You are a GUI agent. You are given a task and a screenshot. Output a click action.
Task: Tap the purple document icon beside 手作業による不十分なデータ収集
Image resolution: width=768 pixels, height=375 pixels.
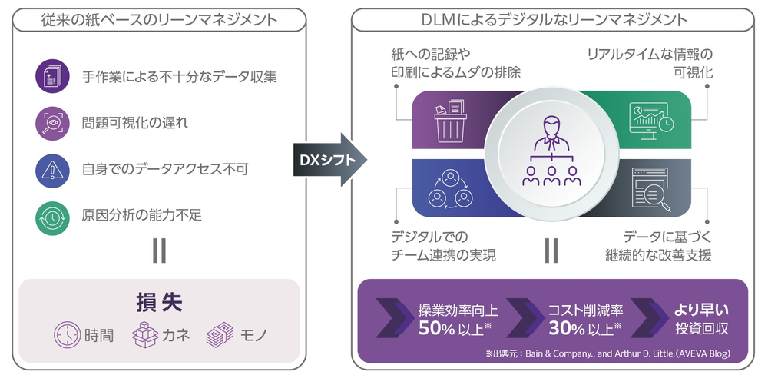52,76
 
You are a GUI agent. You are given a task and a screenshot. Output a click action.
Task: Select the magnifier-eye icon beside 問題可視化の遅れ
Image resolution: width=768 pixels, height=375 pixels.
52,123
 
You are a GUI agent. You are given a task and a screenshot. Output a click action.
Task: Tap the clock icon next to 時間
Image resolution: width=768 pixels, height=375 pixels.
67,334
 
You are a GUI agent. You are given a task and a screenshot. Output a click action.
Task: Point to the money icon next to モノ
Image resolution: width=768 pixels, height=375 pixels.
220,334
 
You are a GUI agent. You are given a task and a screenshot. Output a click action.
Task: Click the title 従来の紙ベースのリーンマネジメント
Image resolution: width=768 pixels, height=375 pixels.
159,19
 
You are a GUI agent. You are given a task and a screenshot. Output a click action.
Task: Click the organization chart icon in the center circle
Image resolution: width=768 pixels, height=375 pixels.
551,154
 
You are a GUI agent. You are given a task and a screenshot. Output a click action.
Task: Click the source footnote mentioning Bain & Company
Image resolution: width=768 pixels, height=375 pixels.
607,353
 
